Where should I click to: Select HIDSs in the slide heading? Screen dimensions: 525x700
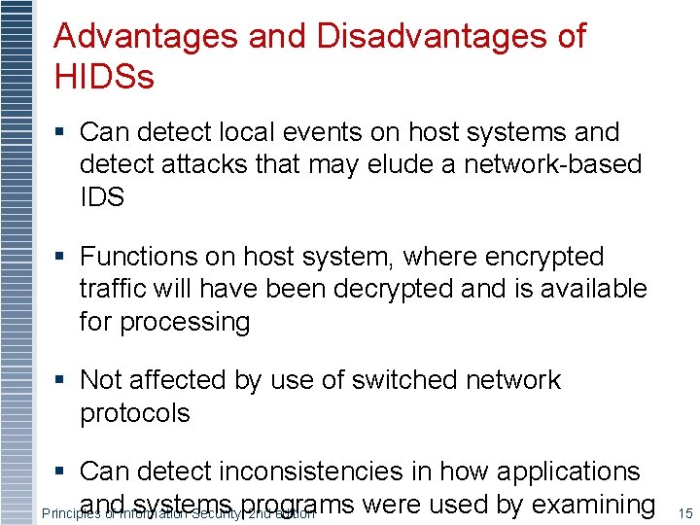point(104,77)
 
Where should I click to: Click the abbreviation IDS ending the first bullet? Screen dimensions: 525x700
point(102,197)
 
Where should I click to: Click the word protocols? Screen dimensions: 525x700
point(134,413)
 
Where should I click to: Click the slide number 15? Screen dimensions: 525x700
point(684,512)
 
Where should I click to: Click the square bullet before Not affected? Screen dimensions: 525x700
point(61,380)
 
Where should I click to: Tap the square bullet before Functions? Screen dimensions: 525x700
point(61,258)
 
